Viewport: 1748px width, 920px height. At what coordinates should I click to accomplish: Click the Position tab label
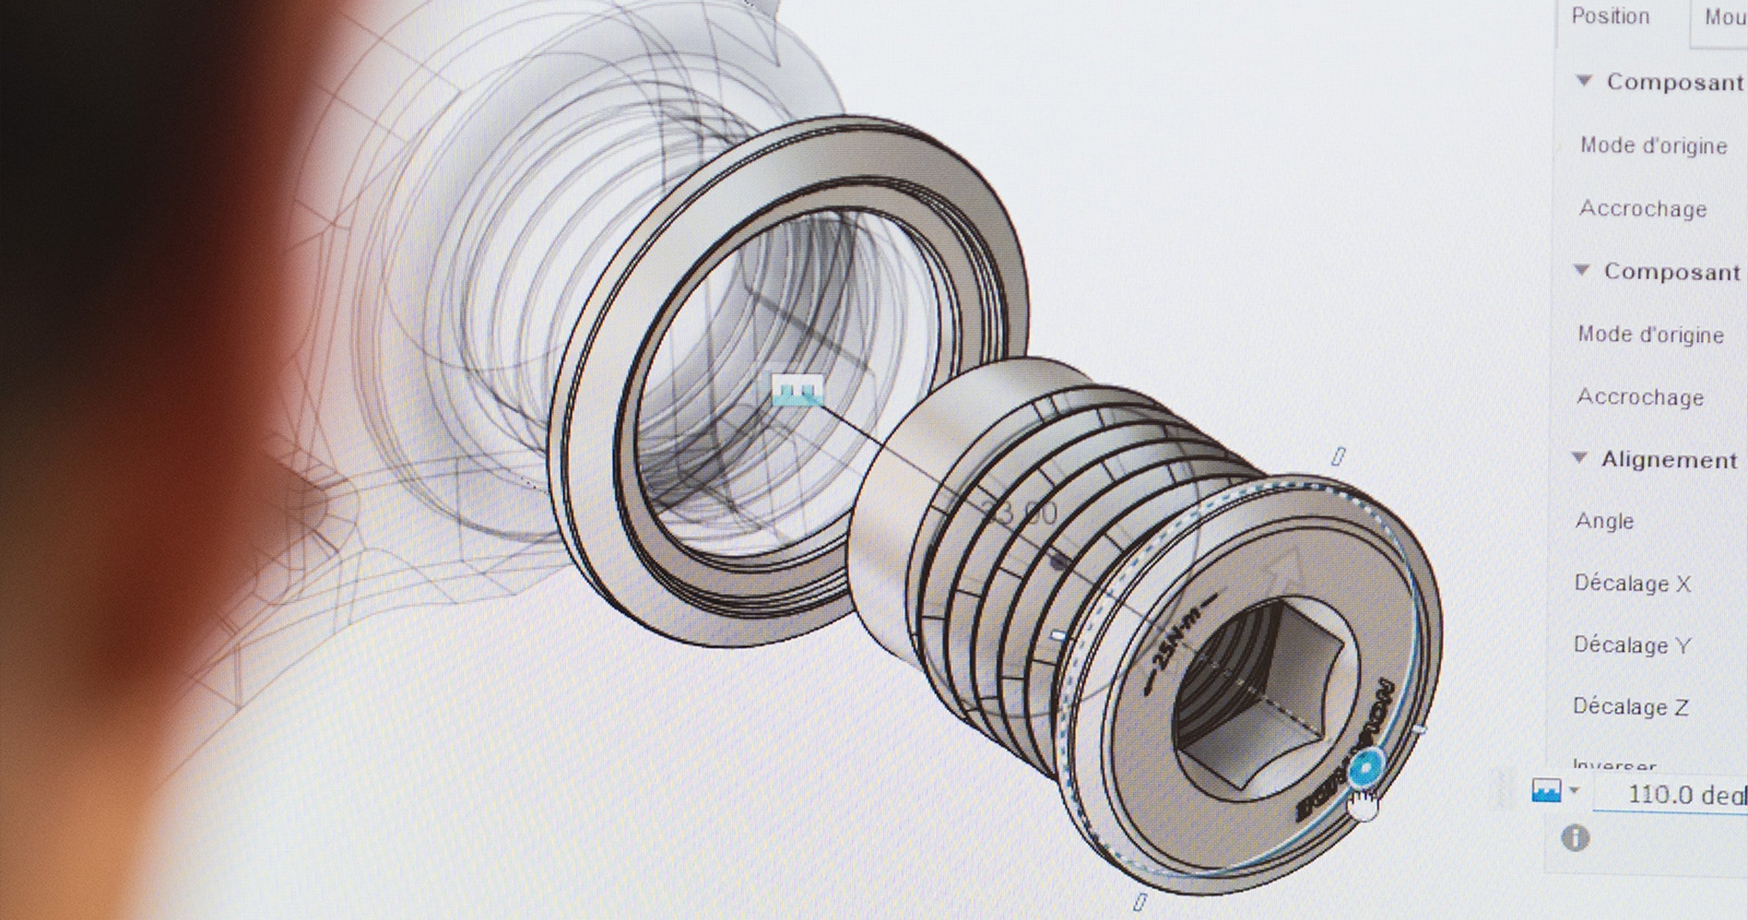1610,16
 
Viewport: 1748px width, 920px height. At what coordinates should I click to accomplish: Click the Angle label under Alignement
1604,521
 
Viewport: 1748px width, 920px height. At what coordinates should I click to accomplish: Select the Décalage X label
1632,583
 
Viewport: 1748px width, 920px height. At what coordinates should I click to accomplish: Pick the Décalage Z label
1630,707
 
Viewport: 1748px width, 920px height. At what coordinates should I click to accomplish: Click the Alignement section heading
1669,460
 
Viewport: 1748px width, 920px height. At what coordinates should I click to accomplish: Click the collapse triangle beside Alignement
1580,459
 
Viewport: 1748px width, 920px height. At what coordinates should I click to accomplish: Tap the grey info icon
1575,838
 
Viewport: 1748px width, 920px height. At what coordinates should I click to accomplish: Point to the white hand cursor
1363,807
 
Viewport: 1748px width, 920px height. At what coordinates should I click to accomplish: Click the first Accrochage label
1643,208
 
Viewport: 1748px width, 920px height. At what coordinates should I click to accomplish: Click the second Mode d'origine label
1650,335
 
